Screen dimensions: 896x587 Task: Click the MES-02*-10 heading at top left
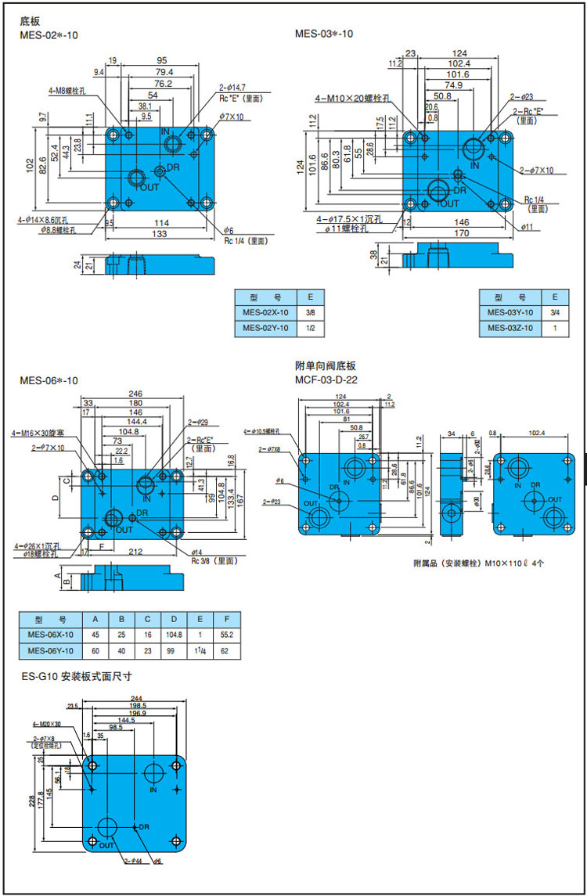(x=49, y=34)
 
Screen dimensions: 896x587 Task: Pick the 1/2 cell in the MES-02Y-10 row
(x=310, y=329)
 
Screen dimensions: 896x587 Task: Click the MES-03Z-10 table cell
(x=510, y=329)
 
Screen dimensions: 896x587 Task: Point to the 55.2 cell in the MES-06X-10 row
(x=226, y=635)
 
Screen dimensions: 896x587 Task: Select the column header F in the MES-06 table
(x=226, y=617)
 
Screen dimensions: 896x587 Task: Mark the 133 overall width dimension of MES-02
(x=160, y=234)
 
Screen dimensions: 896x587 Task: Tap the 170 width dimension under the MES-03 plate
(x=461, y=232)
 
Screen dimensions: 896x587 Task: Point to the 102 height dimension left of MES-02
(x=30, y=166)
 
